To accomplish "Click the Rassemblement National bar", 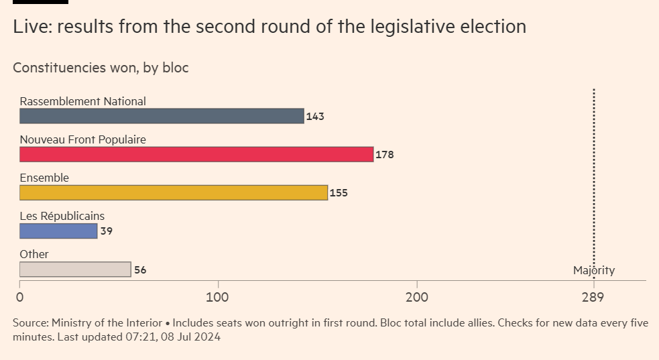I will (162, 116).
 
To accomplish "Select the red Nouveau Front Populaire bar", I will (196, 154).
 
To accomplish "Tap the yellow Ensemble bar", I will (174, 192).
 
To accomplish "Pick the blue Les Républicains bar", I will (58, 231).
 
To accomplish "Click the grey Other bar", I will (75, 269).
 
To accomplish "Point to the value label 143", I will (315, 117).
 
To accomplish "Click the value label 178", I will (384, 155).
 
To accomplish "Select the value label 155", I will (339, 193).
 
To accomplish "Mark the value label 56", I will (140, 270).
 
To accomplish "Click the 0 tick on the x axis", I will (20, 297).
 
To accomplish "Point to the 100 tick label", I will (218, 297).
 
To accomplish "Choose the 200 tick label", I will (417, 297).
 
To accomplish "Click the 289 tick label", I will (593, 297).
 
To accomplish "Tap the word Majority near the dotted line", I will (593, 271).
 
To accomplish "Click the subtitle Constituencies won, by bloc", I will (101, 68).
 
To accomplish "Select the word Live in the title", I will (29, 27).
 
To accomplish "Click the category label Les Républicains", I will (62, 216).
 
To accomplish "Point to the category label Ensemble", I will (44, 178).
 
